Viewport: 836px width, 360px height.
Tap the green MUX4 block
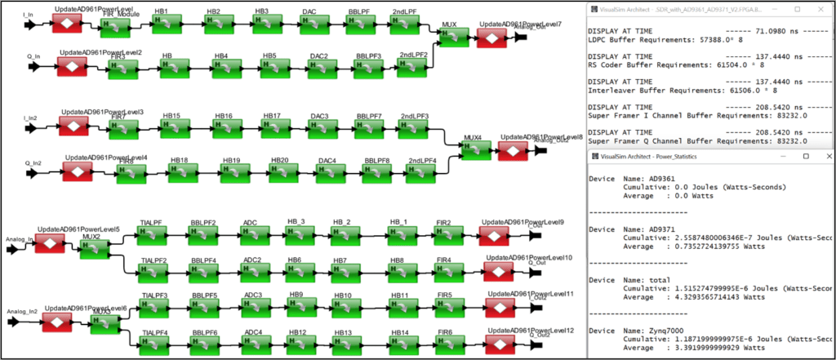(473, 149)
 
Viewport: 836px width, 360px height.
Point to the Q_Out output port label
(536, 263)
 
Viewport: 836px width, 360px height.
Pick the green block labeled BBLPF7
(369, 129)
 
